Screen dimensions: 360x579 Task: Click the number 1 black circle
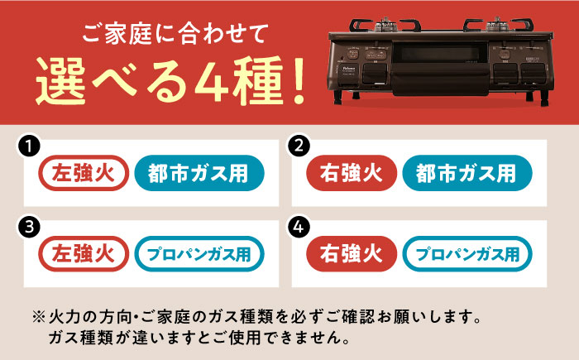[30, 146]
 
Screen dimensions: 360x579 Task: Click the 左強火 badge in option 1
[84, 173]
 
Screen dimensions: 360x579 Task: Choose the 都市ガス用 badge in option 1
[199, 173]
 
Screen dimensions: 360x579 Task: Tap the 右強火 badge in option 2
[351, 173]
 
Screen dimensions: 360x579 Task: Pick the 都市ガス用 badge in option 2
[467, 173]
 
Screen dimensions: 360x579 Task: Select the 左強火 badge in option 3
[84, 253]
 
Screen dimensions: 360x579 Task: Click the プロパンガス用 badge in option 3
[199, 253]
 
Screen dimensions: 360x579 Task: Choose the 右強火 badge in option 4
[351, 253]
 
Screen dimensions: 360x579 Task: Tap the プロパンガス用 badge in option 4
[467, 253]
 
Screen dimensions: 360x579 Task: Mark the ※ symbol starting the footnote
[39, 317]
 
